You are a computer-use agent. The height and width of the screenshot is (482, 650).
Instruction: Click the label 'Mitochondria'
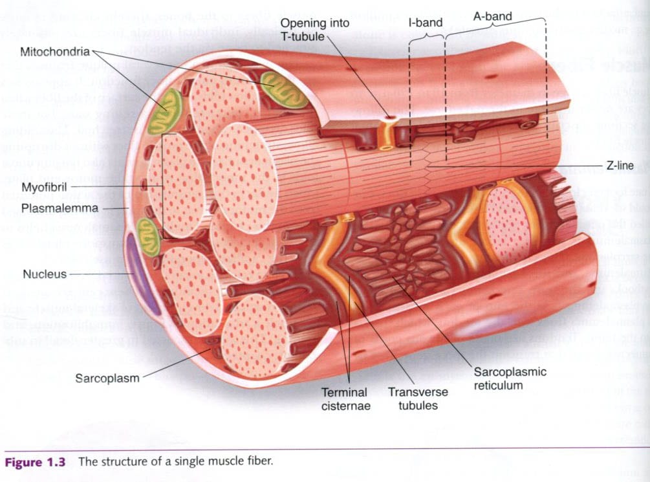pyautogui.click(x=56, y=50)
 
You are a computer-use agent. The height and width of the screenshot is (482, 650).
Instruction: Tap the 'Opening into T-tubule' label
pyautogui.click(x=314, y=30)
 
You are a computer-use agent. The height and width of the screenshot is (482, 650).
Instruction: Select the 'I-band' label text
pyautogui.click(x=426, y=23)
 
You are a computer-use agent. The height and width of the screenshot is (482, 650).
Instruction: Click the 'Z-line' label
pyautogui.click(x=620, y=166)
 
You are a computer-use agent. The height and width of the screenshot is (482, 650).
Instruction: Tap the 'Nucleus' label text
pyautogui.click(x=45, y=274)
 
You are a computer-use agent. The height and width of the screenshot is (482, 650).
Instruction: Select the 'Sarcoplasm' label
pyautogui.click(x=107, y=378)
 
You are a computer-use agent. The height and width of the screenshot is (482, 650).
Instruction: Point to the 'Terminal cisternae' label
pyautogui.click(x=344, y=399)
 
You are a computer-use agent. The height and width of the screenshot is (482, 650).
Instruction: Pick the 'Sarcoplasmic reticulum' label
pyautogui.click(x=510, y=378)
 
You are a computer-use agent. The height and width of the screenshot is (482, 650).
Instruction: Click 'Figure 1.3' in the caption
pyautogui.click(x=36, y=462)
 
